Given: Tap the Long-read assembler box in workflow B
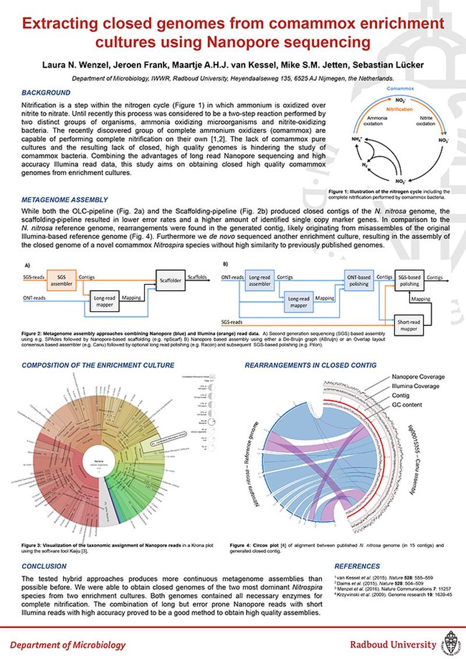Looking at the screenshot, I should coord(260,281).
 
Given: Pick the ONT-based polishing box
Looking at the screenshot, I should coord(359,280).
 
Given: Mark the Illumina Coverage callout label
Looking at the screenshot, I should coord(414,386).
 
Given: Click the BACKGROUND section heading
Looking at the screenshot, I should coord(46,93).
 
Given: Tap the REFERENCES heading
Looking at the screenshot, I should coord(356,566).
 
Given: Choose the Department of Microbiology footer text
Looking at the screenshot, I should coord(68,644).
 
